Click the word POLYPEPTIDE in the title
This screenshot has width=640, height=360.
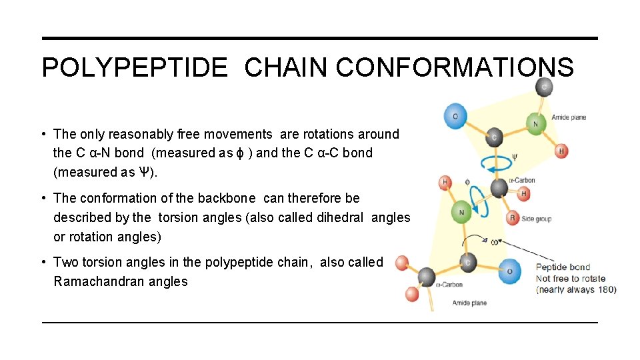pyautogui.click(x=134, y=67)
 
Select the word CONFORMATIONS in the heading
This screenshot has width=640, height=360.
pyautogui.click(x=455, y=67)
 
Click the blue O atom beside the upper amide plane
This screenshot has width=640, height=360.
pyautogui.click(x=455, y=116)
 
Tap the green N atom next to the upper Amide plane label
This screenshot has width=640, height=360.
pyautogui.click(x=535, y=124)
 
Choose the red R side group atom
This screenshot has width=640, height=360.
pyautogui.click(x=512, y=218)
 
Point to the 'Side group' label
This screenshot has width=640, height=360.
pyautogui.click(x=537, y=219)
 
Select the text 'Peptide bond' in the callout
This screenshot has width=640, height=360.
pyautogui.click(x=563, y=268)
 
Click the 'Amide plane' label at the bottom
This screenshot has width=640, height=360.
pyautogui.click(x=469, y=303)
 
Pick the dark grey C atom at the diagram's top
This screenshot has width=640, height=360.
pyautogui.click(x=544, y=87)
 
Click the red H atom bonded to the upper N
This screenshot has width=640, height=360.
pyautogui.click(x=561, y=151)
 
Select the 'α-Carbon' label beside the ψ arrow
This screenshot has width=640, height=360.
pyautogui.click(x=522, y=180)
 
